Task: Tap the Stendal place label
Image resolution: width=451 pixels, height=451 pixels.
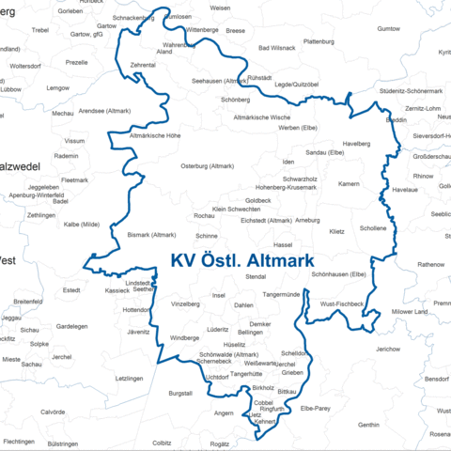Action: [256, 277]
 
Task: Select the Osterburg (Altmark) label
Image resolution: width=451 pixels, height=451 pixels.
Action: [206, 166]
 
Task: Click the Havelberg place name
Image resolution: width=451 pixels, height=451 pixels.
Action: [357, 144]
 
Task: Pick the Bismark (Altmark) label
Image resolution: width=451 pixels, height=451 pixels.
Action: [151, 234]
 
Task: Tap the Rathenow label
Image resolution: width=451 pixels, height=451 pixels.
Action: [431, 264]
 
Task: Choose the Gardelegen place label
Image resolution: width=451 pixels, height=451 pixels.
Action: [71, 326]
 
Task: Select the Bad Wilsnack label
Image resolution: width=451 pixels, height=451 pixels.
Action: [276, 47]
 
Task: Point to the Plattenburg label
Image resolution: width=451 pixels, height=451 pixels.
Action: [319, 41]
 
